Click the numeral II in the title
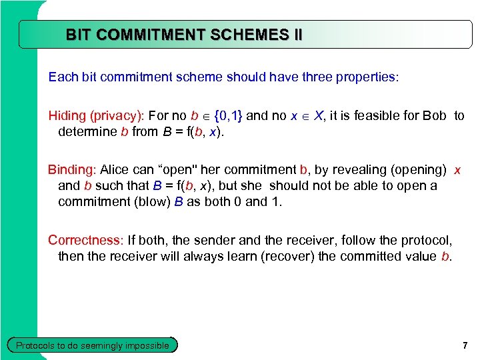pos(296,35)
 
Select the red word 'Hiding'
pos(67,116)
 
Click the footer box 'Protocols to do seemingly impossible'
pos(92,345)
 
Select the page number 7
pos(465,345)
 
